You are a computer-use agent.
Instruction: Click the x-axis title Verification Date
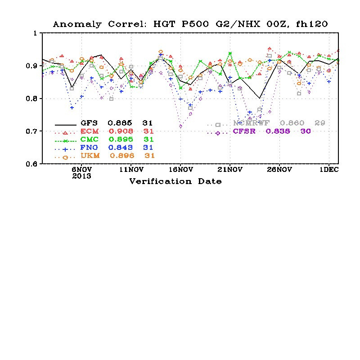[175, 181]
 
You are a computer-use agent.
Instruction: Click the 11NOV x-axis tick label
[131, 170]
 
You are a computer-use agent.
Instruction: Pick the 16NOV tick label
[180, 170]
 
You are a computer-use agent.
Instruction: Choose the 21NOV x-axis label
[230, 170]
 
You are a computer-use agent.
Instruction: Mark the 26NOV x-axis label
[279, 170]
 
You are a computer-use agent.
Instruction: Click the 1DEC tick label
[328, 170]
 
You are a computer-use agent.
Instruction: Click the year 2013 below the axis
[82, 176]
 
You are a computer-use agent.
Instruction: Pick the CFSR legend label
[243, 131]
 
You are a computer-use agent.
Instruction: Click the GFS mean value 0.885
[120, 123]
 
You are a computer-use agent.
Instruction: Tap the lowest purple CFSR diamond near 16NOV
[180, 126]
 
